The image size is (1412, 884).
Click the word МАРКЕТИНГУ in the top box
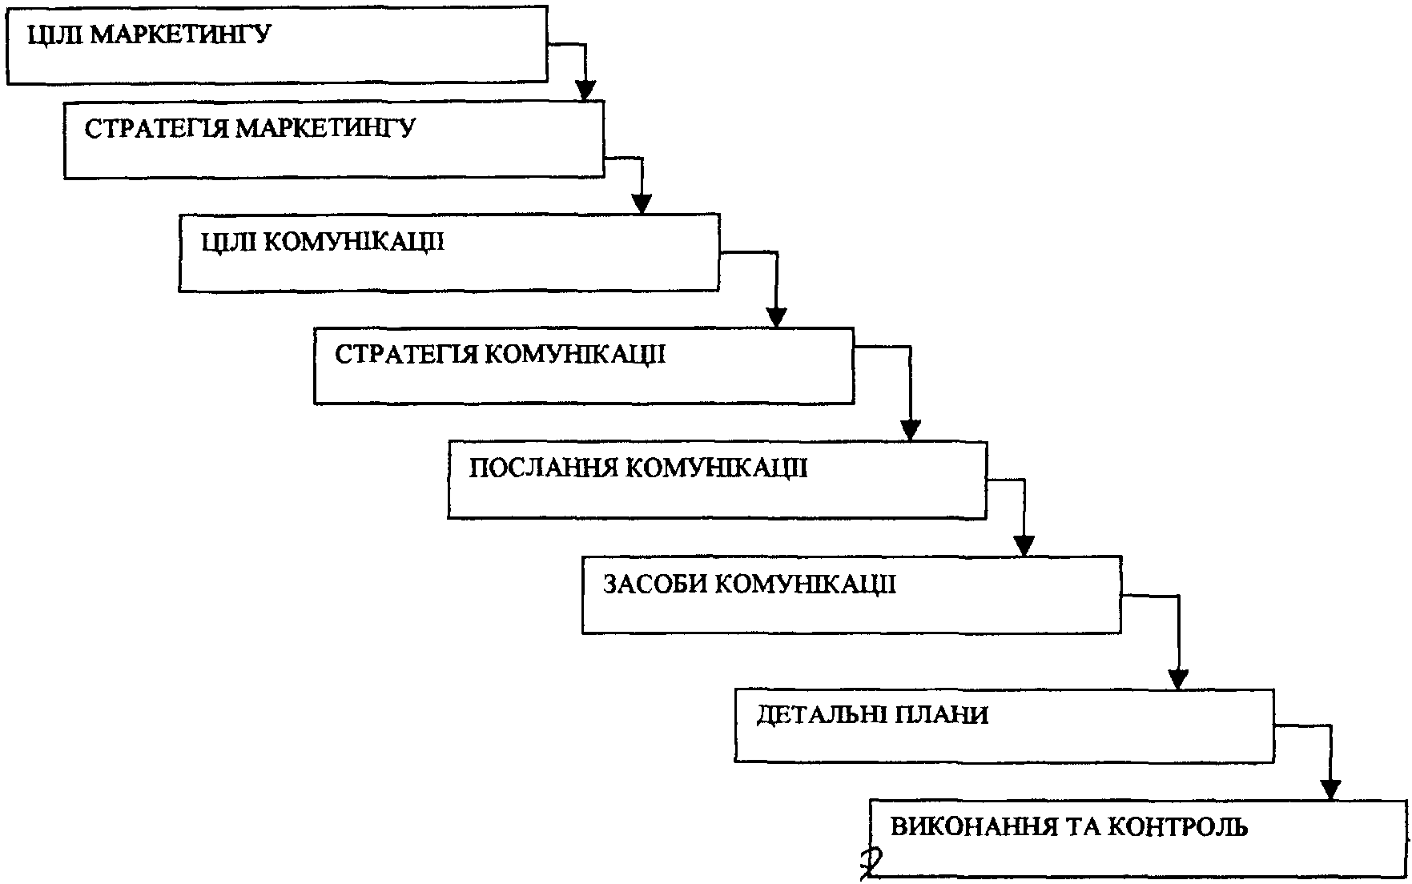[x=180, y=36]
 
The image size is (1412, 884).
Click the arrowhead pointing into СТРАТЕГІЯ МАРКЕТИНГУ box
[x=585, y=90]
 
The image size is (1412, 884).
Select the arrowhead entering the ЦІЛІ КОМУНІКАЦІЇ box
[x=642, y=203]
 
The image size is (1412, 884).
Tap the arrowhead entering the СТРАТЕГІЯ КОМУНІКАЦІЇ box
[x=775, y=317]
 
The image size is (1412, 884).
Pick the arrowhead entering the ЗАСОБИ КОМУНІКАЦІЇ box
[x=1024, y=545]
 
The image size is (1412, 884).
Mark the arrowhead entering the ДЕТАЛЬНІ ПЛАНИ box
[x=1177, y=678]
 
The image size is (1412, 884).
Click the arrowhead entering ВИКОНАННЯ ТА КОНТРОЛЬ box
[x=1330, y=790]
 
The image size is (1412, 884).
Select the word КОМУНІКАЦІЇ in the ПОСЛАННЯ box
[x=715, y=468]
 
